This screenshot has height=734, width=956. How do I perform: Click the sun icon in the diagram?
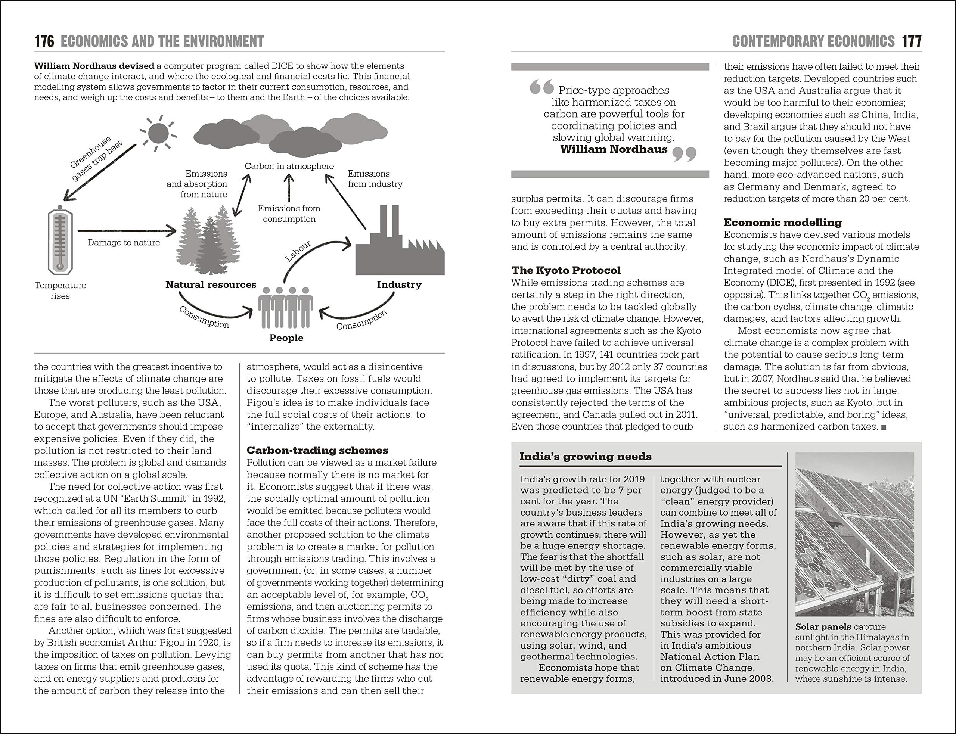click(158, 133)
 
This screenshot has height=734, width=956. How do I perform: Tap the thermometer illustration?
click(60, 242)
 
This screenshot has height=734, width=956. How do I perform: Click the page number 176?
click(44, 41)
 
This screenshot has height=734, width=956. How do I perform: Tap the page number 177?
click(912, 41)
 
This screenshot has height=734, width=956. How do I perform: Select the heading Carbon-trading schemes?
click(317, 451)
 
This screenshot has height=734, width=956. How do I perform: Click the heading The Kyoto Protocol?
click(566, 270)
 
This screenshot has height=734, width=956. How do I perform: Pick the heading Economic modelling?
click(783, 223)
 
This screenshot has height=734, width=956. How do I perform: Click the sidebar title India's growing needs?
click(585, 457)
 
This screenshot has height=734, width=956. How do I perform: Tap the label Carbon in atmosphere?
click(289, 166)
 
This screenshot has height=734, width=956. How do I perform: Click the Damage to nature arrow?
click(127, 231)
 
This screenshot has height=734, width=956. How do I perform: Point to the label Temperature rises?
click(60, 290)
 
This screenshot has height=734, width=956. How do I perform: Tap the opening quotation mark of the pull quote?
click(541, 87)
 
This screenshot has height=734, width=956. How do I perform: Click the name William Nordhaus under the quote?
click(614, 149)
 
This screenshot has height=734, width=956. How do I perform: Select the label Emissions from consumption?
click(289, 214)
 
